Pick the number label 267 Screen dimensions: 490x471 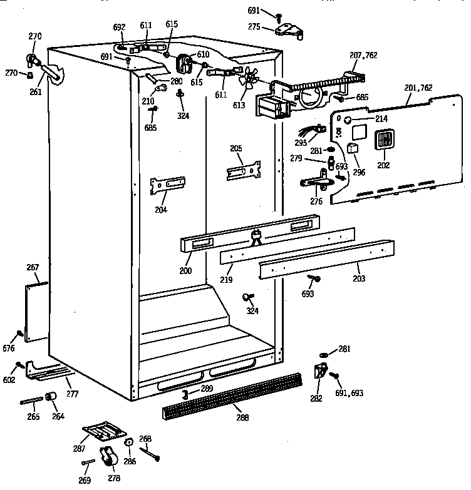33,267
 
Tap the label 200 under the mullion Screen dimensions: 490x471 184,270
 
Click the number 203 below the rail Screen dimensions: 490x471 358,278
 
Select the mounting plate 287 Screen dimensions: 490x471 104,433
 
